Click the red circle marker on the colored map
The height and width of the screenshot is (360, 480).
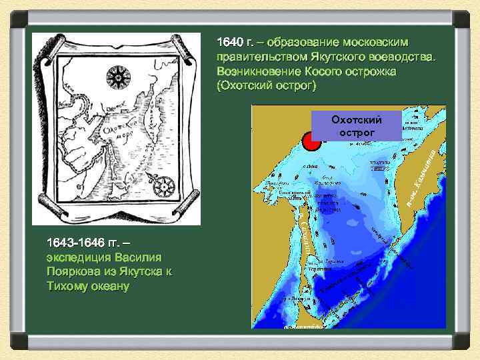click(310, 141)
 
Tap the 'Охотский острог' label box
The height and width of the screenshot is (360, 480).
click(357, 126)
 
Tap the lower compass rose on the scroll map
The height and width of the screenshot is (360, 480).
click(163, 185)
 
